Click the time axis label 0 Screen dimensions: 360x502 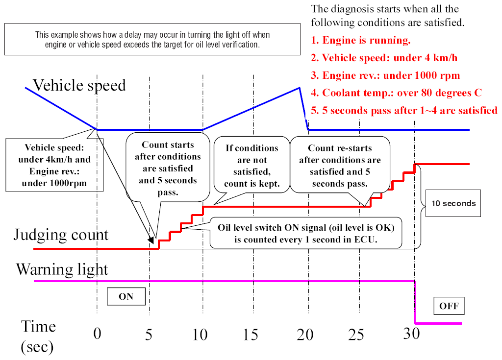[x=97, y=335]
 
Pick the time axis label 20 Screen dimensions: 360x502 [x=305, y=335]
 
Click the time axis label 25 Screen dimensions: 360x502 [x=356, y=335]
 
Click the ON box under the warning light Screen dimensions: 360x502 [x=126, y=297]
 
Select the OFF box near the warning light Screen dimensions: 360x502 [x=449, y=306]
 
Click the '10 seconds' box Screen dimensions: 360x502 [x=453, y=203]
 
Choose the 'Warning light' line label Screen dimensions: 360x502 [x=62, y=269]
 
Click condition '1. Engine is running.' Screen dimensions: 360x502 [x=361, y=40]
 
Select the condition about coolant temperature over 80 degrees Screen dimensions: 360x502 [x=396, y=93]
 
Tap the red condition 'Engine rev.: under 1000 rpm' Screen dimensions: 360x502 [x=385, y=75]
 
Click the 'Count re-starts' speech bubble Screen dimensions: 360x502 [x=340, y=166]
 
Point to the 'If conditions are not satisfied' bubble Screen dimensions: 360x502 [x=251, y=166]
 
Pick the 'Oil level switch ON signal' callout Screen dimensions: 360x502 [x=306, y=234]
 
